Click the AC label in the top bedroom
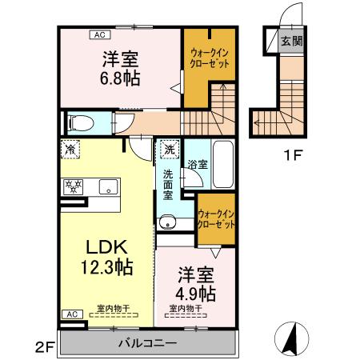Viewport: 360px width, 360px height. coord(100,34)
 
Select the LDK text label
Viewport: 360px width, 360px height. coord(105,246)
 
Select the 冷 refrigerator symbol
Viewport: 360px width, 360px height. coord(70,149)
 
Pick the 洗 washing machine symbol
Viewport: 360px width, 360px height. coord(170,149)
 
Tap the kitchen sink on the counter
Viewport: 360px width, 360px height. coord(106,187)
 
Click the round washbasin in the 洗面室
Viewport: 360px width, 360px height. coord(167,222)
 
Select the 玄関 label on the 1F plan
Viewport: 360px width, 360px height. coord(292,41)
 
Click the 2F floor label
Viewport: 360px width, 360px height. coord(43,347)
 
